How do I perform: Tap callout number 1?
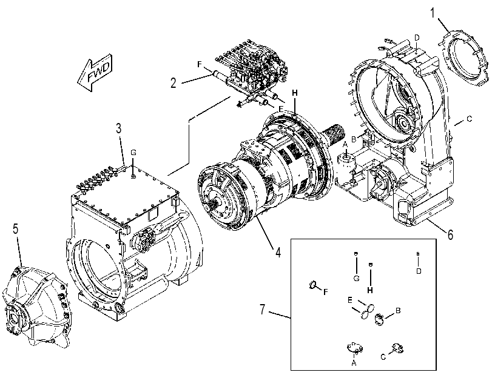click(x=433, y=13)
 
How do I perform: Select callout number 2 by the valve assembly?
click(x=174, y=83)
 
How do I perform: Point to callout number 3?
click(x=119, y=128)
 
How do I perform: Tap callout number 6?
click(x=450, y=234)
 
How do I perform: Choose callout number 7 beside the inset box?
click(x=263, y=309)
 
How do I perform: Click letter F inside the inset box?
click(x=325, y=292)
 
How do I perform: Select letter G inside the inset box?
click(x=356, y=278)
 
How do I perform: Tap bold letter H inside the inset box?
click(x=370, y=290)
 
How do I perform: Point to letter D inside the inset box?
click(x=419, y=271)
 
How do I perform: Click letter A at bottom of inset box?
click(x=354, y=363)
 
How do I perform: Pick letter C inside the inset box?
click(x=383, y=357)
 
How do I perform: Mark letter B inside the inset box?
click(x=398, y=311)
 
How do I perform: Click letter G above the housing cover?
click(x=133, y=153)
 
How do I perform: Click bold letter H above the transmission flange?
click(x=295, y=93)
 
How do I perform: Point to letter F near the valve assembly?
click(x=200, y=64)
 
